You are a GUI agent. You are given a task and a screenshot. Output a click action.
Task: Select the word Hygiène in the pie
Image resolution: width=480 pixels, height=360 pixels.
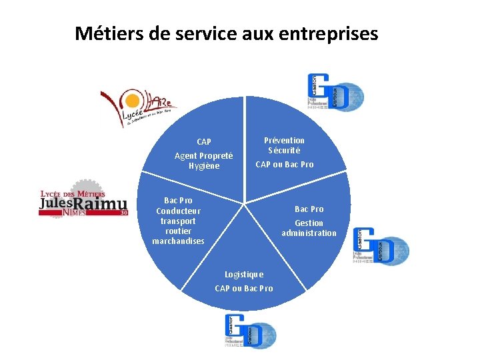[x=203, y=166]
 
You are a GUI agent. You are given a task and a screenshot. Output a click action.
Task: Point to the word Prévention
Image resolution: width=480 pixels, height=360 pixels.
[x=284, y=140]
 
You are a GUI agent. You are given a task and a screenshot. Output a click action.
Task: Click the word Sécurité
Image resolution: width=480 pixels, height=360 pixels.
[x=284, y=151]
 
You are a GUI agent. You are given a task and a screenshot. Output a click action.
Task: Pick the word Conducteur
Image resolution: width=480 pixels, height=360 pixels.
[x=178, y=211]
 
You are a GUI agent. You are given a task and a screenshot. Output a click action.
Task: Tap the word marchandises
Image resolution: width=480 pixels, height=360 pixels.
[x=178, y=241]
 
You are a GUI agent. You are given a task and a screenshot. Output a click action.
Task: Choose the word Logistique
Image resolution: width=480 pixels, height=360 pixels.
[x=244, y=274]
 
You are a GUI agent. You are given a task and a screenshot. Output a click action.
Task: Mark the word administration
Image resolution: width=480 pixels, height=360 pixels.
[x=309, y=233]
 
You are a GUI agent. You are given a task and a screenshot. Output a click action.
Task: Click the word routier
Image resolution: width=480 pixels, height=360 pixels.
[x=178, y=231]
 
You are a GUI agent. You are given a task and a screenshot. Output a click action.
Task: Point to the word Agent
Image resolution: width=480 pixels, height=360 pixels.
[x=186, y=155]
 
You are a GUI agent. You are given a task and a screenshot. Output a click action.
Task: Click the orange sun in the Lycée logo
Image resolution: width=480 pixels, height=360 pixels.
[x=133, y=101]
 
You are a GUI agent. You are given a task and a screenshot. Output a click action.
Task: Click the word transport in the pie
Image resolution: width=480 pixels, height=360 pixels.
[x=178, y=221]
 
